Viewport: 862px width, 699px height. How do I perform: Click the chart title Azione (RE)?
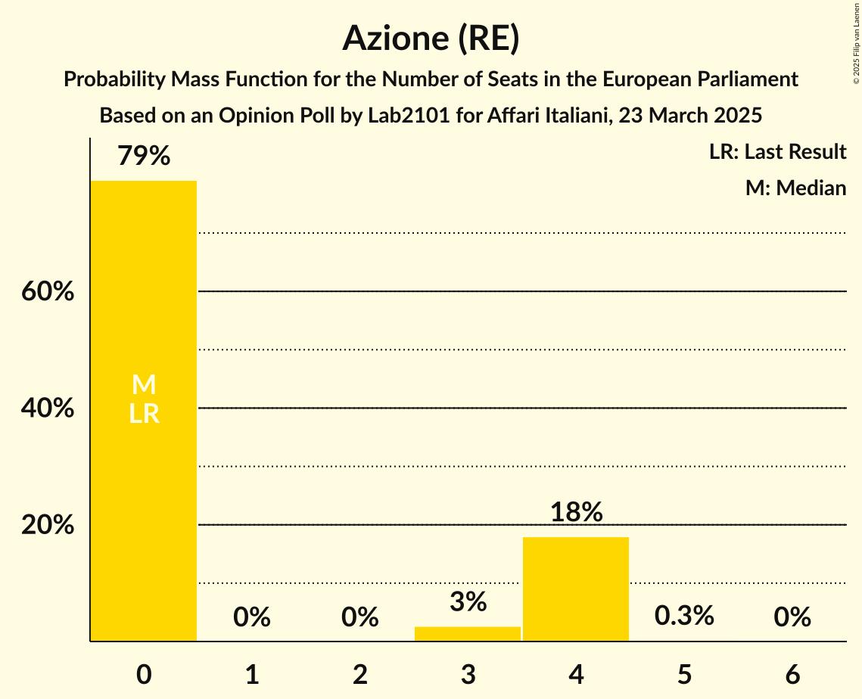431,38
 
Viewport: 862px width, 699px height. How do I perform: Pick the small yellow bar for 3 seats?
468,634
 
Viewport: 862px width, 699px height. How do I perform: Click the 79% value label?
144,157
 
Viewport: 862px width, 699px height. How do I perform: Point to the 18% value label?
576,512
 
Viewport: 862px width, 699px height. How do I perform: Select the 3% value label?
468,602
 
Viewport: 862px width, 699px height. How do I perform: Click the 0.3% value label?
684,616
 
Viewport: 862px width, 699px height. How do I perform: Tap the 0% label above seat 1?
252,617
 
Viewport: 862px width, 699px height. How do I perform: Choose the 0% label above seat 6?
792,617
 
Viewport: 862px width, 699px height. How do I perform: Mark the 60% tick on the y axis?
48,291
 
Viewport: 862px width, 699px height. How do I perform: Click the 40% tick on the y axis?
48,409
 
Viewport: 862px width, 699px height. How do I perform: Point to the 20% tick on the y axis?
48,525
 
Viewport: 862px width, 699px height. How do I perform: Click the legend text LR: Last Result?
777,152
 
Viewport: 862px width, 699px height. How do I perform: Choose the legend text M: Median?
795,188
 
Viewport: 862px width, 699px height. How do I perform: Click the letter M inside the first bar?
144,386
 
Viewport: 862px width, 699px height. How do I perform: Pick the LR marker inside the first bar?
144,414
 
